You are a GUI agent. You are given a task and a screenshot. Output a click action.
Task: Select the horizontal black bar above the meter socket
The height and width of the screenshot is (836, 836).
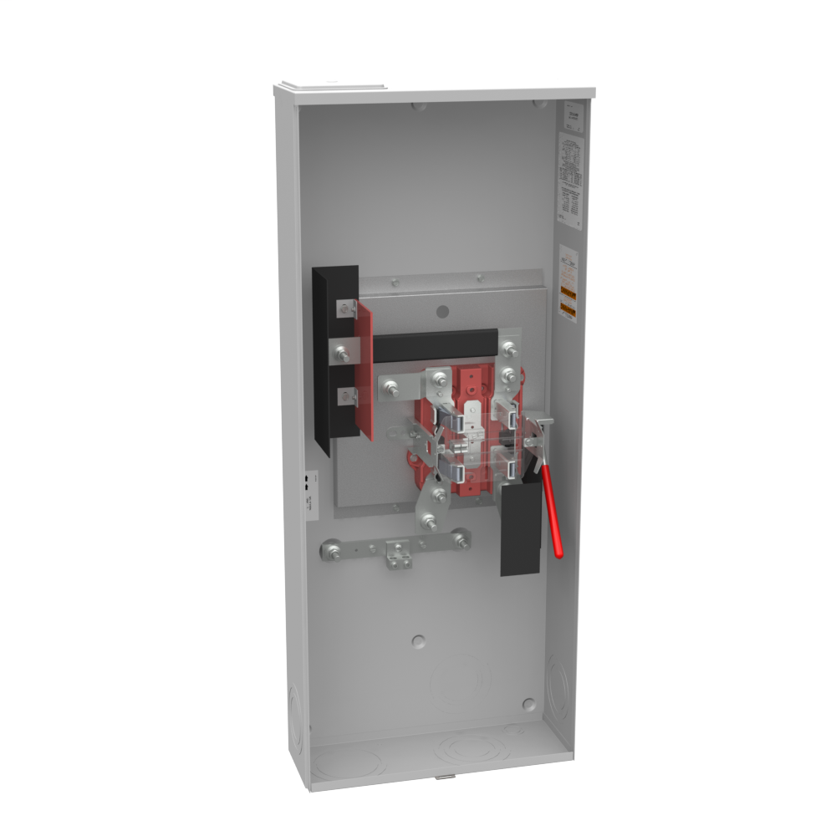click(435, 344)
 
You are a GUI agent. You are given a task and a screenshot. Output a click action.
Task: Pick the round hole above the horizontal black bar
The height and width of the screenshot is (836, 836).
click(443, 312)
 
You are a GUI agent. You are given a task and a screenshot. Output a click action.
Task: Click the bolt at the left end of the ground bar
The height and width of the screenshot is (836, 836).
click(332, 552)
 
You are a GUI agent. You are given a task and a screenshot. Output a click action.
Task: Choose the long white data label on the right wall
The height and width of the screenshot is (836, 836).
click(569, 176)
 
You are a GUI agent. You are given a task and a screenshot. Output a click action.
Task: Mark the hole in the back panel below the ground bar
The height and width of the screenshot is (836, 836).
click(419, 641)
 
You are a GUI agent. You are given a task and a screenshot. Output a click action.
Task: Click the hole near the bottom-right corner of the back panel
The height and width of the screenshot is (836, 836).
click(528, 704)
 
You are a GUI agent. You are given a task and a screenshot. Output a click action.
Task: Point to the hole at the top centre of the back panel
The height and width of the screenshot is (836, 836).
click(420, 106)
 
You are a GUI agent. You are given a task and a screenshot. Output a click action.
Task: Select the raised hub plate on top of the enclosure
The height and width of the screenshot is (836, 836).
click(331, 87)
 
